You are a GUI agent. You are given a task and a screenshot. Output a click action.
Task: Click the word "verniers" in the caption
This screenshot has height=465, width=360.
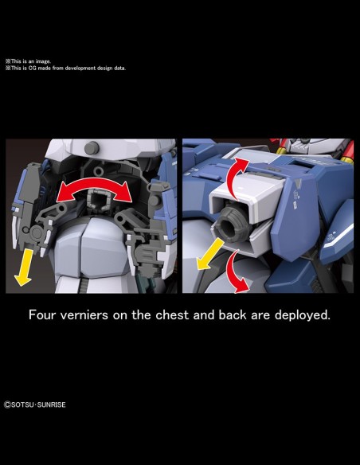coord(84,315)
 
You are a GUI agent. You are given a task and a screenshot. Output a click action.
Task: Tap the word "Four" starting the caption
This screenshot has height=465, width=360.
coord(41,315)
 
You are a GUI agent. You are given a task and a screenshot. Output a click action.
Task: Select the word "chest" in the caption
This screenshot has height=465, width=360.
coord(172,315)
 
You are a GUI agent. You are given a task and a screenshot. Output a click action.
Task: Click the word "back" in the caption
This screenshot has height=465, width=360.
coord(233,315)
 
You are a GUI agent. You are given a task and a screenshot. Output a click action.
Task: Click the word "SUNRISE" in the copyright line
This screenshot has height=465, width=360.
coord(52,404)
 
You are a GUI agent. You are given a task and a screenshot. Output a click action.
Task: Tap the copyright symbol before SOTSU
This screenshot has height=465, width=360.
coord(7,404)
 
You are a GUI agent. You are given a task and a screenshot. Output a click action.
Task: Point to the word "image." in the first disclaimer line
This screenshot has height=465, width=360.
coord(43,61)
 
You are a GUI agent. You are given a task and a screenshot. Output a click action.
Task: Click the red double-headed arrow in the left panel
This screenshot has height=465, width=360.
coord(94,185)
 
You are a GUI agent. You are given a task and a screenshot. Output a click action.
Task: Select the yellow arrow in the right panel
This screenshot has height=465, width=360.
coord(210,255)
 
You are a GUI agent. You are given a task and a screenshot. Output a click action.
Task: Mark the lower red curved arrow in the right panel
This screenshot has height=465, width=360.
coord(234,270)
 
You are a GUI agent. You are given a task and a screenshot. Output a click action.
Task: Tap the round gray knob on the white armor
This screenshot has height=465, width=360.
coord(92,148)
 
